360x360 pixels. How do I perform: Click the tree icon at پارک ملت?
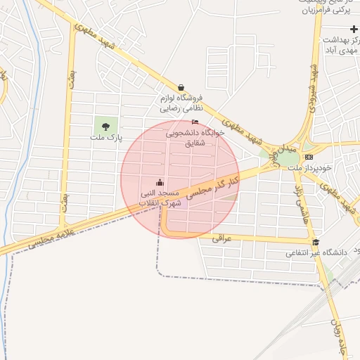(105, 127)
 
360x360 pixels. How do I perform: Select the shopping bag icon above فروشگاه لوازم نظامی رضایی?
(182, 87)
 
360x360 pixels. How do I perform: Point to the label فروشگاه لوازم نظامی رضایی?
(181, 103)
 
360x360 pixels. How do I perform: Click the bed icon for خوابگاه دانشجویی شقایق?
(195, 122)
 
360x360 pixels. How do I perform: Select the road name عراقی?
(221, 238)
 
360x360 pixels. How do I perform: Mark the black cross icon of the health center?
(354, 28)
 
